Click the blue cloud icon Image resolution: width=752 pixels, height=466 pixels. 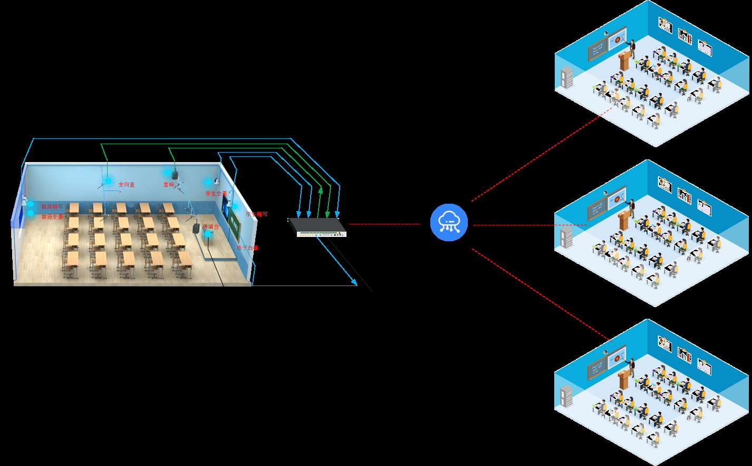(449, 222)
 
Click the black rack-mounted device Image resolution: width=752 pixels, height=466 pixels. (317, 226)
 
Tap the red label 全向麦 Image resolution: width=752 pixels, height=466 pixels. (127, 185)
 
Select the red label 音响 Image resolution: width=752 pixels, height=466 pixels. (169, 185)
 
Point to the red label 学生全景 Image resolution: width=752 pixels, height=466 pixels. (216, 194)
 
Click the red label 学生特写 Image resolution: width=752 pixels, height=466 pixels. (257, 214)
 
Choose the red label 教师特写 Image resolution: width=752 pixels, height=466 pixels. (52, 207)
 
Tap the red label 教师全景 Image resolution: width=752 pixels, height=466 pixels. (52, 217)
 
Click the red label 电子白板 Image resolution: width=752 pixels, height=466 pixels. (248, 248)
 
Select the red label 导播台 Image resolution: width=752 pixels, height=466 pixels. (210, 227)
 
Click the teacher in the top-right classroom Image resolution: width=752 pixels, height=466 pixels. (631, 48)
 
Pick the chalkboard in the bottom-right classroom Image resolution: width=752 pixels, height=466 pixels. (597, 368)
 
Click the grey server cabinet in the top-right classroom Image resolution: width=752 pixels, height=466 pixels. (567, 78)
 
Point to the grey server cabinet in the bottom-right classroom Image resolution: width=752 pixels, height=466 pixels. (567, 397)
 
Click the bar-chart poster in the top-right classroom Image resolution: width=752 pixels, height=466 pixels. (684, 36)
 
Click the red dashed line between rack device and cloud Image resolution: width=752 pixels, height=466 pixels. (385, 224)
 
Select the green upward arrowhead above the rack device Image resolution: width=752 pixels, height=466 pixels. (320, 189)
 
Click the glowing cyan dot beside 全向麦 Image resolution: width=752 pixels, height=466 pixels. (108, 181)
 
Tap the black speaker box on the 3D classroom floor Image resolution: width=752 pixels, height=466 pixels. (197, 229)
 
